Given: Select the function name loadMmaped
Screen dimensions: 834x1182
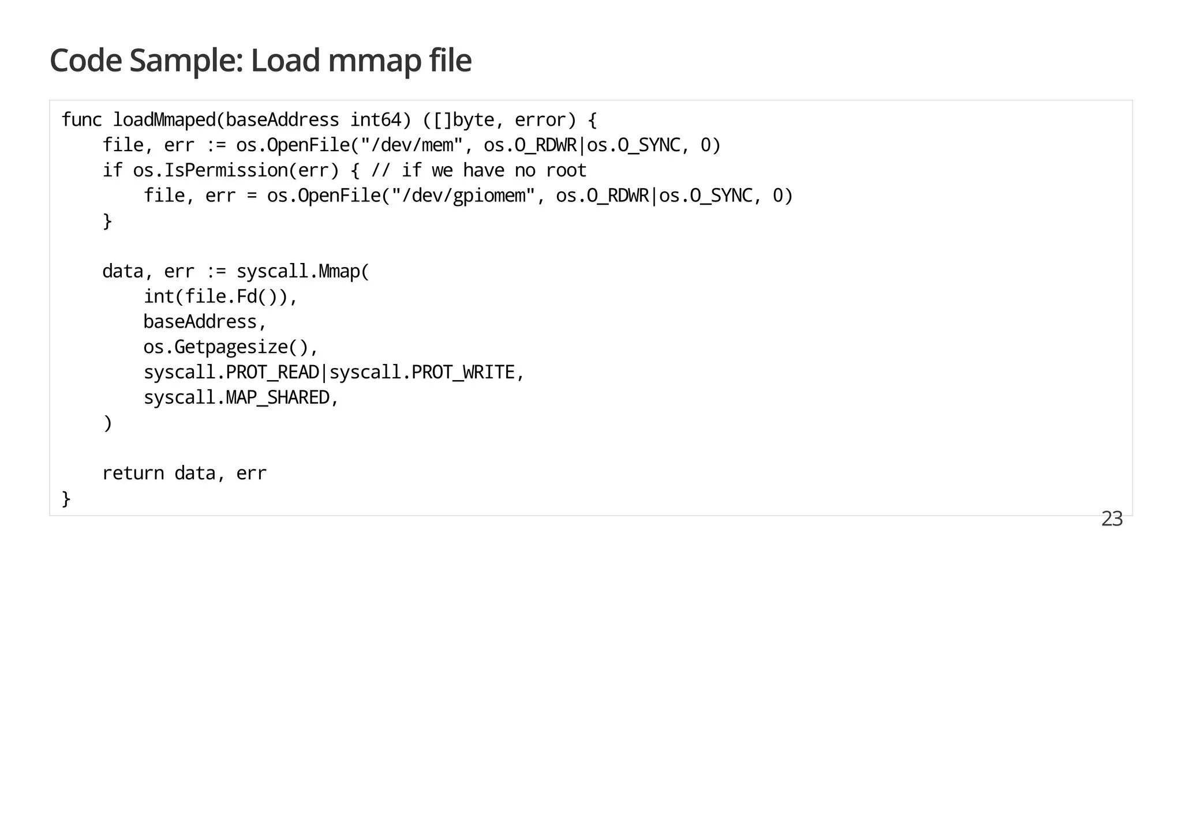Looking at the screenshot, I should (x=164, y=120).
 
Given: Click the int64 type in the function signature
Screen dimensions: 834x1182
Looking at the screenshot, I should (x=376, y=120).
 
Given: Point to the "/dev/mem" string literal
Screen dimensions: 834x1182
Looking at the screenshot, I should (x=412, y=145).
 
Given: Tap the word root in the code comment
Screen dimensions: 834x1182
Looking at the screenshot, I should (x=566, y=171).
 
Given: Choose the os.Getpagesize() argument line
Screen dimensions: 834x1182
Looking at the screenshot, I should (x=230, y=347).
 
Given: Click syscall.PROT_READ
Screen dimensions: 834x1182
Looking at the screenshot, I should (x=231, y=373).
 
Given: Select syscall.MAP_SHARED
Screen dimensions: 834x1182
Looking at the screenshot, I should (x=237, y=398).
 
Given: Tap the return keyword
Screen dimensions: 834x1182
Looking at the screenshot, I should (x=133, y=474).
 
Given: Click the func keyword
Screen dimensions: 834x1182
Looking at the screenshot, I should (x=81, y=120).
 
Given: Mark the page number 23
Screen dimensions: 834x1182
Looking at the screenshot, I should (x=1112, y=519).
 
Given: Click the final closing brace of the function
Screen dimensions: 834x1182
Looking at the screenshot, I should (x=66, y=499).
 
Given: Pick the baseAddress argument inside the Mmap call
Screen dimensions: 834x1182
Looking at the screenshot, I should (x=200, y=322).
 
